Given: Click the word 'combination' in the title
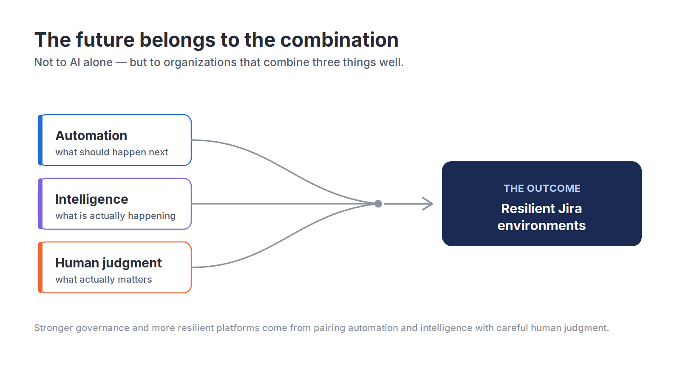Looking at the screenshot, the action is pos(339,40).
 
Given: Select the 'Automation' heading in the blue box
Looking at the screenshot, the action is pos(91,135).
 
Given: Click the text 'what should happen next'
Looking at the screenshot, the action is pos(111,152).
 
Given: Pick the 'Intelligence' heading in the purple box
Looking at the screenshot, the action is pos(92,199).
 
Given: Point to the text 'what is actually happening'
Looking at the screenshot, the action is pos(115,216).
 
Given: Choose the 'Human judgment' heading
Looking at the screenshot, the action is pos(108,263).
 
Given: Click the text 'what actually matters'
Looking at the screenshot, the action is pos(104,279).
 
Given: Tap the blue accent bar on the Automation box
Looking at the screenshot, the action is pos(40,140).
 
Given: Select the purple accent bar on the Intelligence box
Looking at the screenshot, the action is pos(40,204).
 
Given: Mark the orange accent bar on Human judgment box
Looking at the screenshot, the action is pos(40,267).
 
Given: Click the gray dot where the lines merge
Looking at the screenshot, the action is pos(378,204).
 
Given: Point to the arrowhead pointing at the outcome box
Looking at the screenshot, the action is pos(428,204).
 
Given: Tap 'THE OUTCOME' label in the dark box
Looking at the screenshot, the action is pos(542,188).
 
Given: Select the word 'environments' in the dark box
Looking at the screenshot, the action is pos(541,225).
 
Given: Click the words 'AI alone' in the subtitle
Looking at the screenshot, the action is pos(91,62).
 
